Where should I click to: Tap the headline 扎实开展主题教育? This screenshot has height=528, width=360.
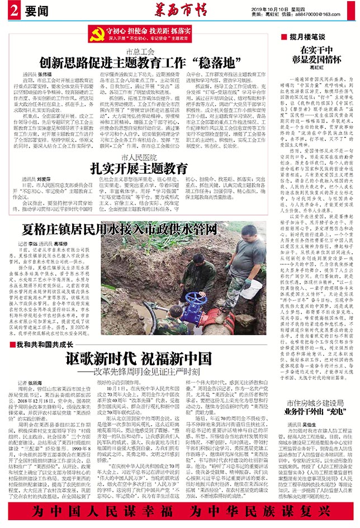139,168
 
